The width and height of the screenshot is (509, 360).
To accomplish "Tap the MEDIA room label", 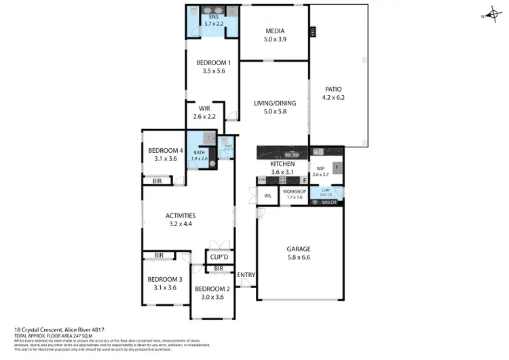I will [x=274, y=31].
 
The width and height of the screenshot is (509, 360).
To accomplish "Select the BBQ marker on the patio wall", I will [x=312, y=31].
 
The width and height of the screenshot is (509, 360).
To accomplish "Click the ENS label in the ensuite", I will [x=213, y=16].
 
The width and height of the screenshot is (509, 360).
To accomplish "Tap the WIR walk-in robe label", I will [x=204, y=108].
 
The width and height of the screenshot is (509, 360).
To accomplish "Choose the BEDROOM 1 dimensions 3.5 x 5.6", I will [x=213, y=70].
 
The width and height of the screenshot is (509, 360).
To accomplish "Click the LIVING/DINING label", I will [x=274, y=103].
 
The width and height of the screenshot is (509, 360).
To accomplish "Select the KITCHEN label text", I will [x=282, y=164].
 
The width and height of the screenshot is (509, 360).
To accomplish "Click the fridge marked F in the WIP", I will [x=335, y=166].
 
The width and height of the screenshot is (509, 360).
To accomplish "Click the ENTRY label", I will [x=246, y=274].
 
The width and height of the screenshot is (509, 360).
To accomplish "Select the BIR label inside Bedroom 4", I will [x=157, y=181].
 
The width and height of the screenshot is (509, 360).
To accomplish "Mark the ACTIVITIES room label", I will [x=181, y=216].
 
